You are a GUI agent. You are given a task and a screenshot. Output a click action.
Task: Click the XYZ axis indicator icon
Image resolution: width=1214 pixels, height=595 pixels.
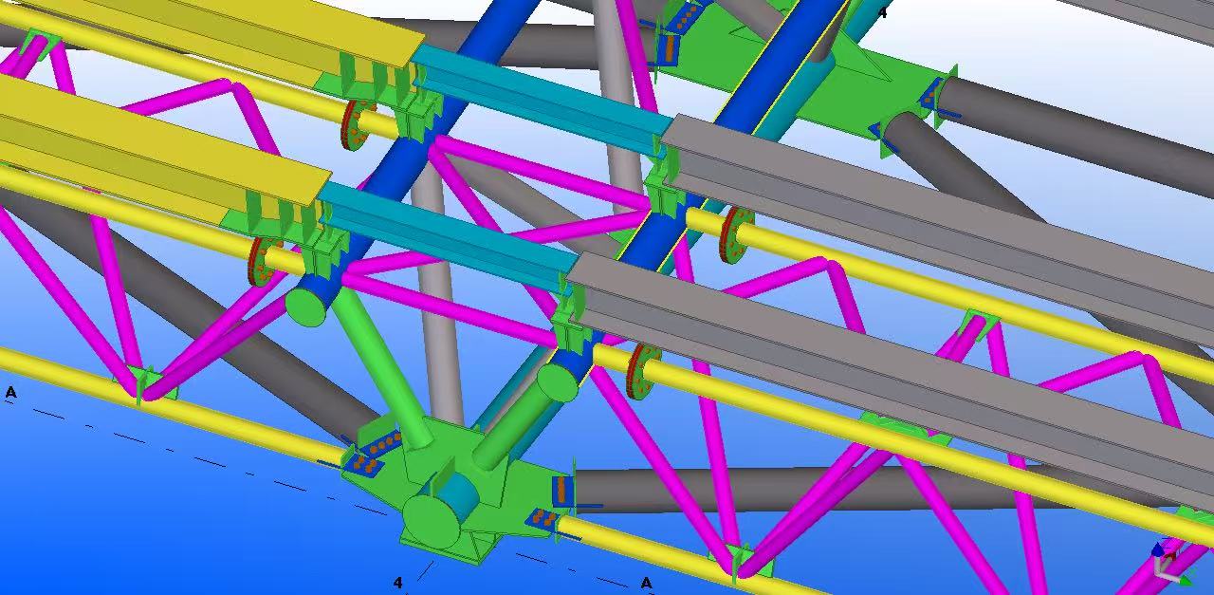[1170, 566]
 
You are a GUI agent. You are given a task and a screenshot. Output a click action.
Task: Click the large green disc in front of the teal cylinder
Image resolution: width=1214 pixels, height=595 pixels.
[432, 522]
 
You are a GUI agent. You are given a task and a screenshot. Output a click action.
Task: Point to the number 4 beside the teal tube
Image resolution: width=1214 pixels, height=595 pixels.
[882, 12]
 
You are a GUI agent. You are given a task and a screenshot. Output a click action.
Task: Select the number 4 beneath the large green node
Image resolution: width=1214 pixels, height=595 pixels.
[398, 583]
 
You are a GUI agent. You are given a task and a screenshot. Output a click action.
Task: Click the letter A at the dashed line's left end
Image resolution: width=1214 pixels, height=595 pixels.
[10, 392]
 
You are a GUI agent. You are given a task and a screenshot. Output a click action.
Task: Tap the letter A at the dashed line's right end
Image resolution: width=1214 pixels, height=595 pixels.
[646, 583]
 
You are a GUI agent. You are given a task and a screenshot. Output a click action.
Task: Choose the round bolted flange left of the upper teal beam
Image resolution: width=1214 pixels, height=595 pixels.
[355, 124]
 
